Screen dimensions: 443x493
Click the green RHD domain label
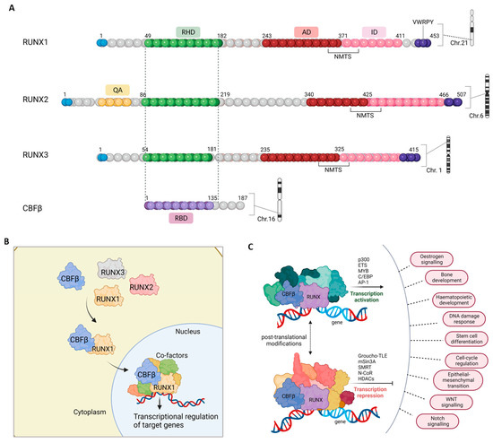188,30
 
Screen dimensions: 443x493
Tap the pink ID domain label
368,30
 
